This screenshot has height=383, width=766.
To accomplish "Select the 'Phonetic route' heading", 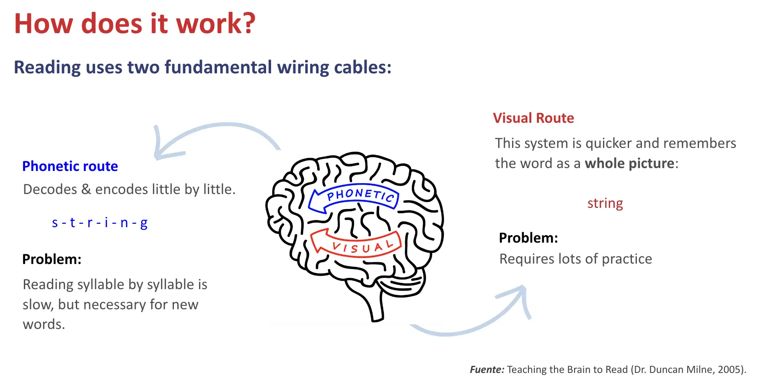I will click(x=70, y=166).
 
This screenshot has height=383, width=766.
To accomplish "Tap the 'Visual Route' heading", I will click(x=533, y=118).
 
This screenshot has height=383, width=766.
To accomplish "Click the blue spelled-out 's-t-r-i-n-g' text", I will click(x=99, y=223).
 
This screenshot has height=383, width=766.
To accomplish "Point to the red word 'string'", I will click(x=605, y=203).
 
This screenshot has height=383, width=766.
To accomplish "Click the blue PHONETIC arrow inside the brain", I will click(x=354, y=197).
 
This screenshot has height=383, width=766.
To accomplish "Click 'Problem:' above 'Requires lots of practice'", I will click(x=528, y=238).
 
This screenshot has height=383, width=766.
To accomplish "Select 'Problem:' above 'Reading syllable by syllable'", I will click(x=52, y=259).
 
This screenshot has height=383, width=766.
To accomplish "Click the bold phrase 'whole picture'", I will click(x=629, y=163).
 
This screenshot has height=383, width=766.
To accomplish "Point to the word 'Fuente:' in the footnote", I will click(x=487, y=370).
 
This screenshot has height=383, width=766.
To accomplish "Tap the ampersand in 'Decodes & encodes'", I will click(x=86, y=189).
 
